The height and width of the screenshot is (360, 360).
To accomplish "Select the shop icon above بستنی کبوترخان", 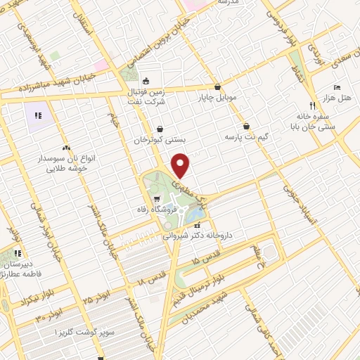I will click(x=162, y=129).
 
